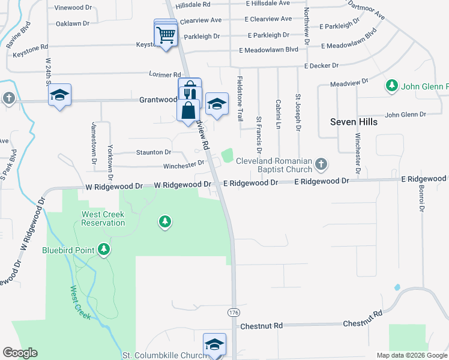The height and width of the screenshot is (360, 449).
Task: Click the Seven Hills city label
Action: click(x=354, y=122)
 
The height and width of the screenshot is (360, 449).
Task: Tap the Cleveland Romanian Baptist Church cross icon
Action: click(x=321, y=163)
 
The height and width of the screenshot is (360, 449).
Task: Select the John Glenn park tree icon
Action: click(x=392, y=86)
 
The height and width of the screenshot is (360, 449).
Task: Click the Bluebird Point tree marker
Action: click(x=104, y=249)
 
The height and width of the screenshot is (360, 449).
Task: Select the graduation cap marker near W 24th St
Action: click(x=60, y=95)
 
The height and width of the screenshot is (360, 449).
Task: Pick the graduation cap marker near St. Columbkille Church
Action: click(x=214, y=344)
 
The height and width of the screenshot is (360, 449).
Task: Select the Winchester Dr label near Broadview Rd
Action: click(x=184, y=165)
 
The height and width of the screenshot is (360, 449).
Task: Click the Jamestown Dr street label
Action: click(x=94, y=143)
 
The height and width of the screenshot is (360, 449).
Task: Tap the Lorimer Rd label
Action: click(x=166, y=75)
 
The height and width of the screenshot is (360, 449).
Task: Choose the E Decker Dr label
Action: click(x=321, y=65)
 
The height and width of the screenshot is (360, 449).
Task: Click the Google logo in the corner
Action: click(x=20, y=353)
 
